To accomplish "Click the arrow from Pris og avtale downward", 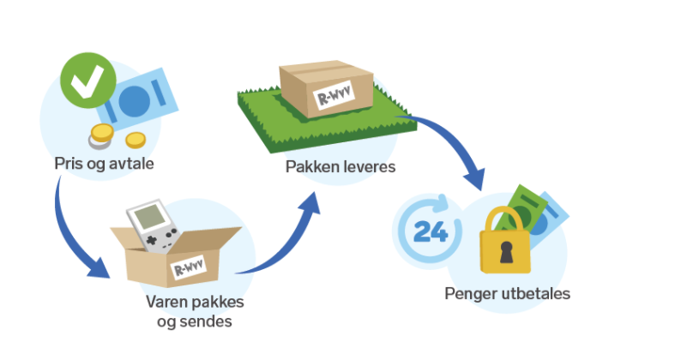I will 73,231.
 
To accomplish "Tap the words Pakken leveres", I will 340,166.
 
